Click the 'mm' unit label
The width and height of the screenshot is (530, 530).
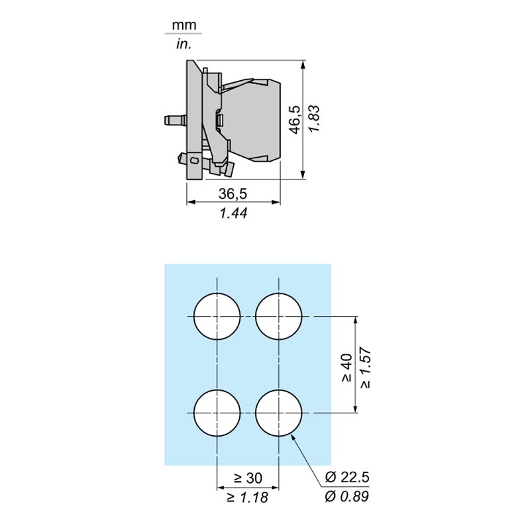coord(184,25)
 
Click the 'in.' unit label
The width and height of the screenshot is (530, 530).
coord(184,44)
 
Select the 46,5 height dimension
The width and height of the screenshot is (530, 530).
coord(295,120)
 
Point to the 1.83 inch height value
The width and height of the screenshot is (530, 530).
coord(314,119)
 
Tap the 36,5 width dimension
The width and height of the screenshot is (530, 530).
coord(233,193)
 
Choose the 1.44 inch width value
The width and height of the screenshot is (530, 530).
coord(233,213)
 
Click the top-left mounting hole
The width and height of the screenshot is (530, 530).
coord(217,317)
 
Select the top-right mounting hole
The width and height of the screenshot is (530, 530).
coord(278,317)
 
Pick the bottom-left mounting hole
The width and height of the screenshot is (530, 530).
coord(217,413)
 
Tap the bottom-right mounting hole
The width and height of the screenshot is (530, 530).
coord(278,413)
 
